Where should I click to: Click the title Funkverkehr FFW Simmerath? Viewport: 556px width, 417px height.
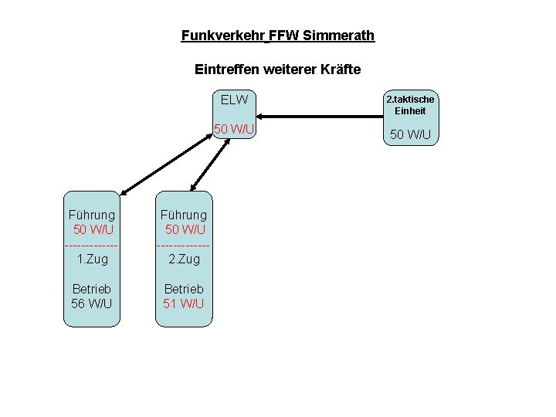click(x=277, y=36)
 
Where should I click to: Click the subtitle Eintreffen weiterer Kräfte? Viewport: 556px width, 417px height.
click(x=277, y=69)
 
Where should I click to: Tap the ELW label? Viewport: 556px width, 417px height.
click(x=234, y=100)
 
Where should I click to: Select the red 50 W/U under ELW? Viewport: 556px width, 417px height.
click(x=234, y=128)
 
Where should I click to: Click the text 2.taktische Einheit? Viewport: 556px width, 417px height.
click(x=410, y=105)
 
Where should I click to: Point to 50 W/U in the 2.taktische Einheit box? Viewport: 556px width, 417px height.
click(x=410, y=135)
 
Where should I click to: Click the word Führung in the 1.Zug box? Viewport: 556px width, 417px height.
click(x=92, y=215)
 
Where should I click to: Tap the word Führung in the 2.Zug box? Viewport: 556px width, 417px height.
click(x=184, y=215)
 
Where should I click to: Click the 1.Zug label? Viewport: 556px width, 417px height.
click(x=93, y=259)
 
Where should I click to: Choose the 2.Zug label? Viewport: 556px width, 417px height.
click(x=184, y=259)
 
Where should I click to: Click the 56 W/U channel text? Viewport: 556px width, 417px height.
click(x=92, y=303)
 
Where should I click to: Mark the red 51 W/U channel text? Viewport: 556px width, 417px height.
click(x=184, y=303)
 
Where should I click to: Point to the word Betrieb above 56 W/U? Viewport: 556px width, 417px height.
click(x=92, y=289)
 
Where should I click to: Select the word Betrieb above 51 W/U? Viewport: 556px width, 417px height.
click(x=184, y=289)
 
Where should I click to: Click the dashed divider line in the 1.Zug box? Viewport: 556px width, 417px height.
click(x=92, y=245)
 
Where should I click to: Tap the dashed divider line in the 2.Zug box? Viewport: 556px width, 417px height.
click(x=183, y=245)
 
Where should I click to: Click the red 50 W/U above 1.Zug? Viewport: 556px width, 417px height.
click(x=93, y=229)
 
